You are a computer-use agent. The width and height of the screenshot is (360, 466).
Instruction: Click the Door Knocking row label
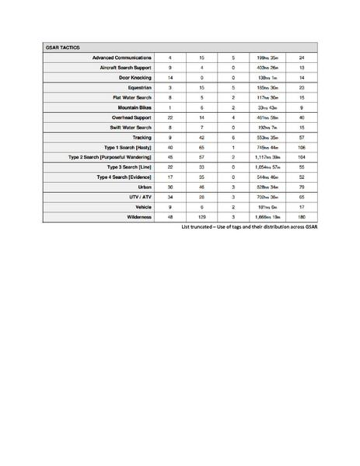point(133,78)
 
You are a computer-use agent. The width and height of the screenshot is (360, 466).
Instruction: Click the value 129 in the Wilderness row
point(201,217)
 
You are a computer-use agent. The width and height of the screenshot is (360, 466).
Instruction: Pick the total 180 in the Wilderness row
point(301,217)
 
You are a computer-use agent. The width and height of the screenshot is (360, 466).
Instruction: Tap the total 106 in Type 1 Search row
point(301,147)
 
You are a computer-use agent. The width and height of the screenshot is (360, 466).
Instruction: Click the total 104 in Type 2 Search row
point(301,157)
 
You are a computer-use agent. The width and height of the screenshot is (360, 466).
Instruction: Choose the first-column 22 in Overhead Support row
point(170,117)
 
